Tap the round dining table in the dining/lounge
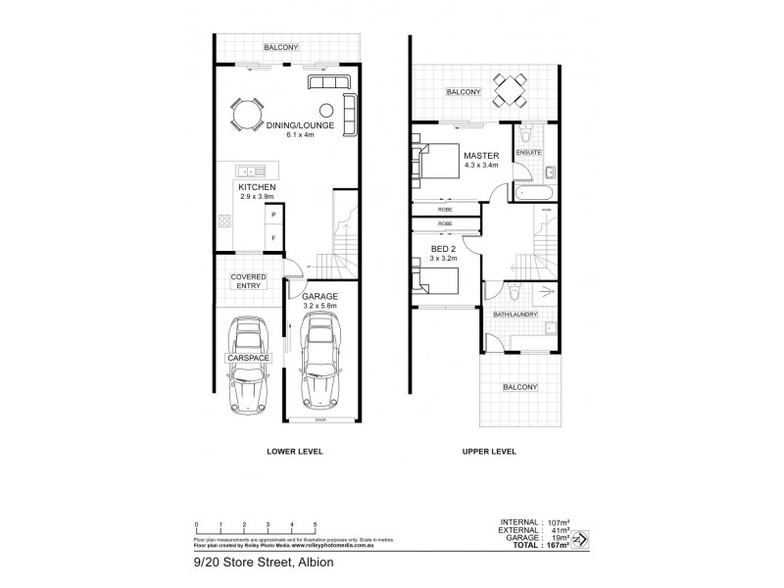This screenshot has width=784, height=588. (x=246, y=115)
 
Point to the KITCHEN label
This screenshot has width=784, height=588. (x=256, y=186)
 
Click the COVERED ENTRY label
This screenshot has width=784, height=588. (x=248, y=280)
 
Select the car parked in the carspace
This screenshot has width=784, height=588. (x=247, y=363)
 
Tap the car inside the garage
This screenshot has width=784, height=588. (x=321, y=362)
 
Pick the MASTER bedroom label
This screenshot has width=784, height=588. (x=482, y=156)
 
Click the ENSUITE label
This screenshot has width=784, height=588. (x=530, y=153)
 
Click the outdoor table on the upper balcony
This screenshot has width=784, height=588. (x=509, y=92)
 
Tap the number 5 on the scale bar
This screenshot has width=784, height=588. (x=314, y=524)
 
